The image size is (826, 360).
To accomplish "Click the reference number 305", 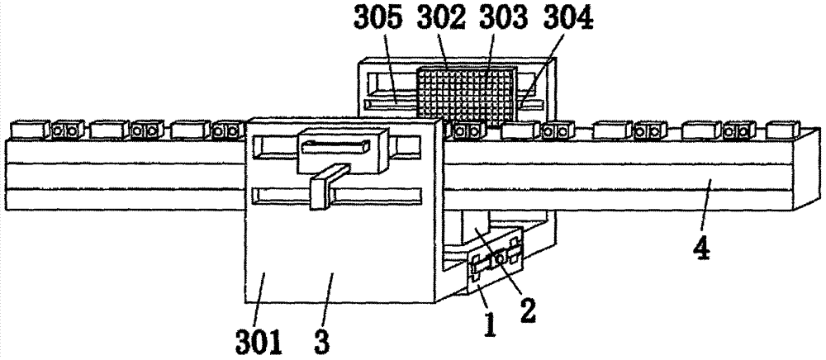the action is tap(377, 19).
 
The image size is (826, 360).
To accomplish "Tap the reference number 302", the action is tap(441, 19).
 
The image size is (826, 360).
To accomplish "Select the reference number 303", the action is tap(504, 19).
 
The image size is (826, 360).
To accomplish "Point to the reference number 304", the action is tap(568, 19).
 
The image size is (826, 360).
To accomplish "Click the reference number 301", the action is tap(259, 342).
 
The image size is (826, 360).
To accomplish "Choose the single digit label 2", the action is tap(527, 311).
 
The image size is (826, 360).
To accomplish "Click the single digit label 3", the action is tap(322, 342).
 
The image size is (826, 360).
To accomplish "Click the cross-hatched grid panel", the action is tap(465, 97).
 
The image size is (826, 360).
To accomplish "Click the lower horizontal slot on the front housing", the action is tap(337, 196).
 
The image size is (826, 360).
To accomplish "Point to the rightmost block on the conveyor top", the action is tap(783, 130).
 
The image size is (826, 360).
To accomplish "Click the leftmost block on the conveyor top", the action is tap(30, 130).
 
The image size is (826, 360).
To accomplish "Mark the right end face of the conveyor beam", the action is tap(806, 168).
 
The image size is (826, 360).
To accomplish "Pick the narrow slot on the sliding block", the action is tap(335, 146).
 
